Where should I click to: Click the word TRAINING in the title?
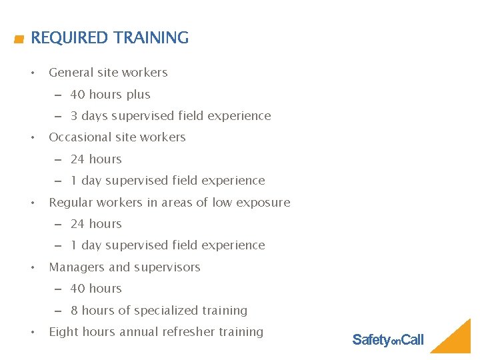tap(151, 38)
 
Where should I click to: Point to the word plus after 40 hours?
tap(138, 95)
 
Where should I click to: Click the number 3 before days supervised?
tap(74, 116)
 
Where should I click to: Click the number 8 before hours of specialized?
tap(74, 311)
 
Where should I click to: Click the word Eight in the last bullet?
tap(63, 332)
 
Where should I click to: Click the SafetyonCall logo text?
tap(387, 340)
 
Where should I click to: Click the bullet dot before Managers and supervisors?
tap(33, 267)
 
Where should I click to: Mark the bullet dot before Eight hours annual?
tap(33, 332)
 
